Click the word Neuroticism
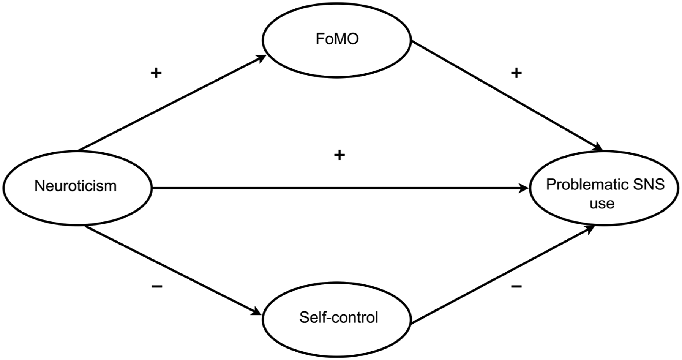click(76, 186)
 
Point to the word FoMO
click(337, 39)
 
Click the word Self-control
click(339, 317)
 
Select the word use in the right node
click(602, 204)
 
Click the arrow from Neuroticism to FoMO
click(172, 103)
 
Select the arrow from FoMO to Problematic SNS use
click(507, 96)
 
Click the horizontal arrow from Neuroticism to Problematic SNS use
click(340, 188)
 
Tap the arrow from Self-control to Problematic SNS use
click(503, 274)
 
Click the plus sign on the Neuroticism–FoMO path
click(156, 73)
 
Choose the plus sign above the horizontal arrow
click(339, 155)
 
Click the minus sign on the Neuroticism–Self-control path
click(157, 286)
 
